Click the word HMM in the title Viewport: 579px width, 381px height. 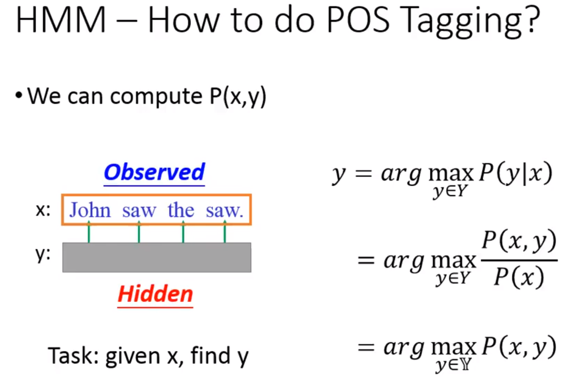pyautogui.click(x=61, y=20)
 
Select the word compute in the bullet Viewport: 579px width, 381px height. pyautogui.click(x=156, y=97)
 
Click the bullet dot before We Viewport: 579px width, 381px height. pyautogui.click(x=19, y=95)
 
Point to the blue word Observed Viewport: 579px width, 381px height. pyautogui.click(x=154, y=172)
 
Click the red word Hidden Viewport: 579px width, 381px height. pyautogui.click(x=155, y=294)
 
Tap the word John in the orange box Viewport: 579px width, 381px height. pyautogui.click(x=90, y=210)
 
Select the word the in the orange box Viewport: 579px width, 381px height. pyautogui.click(x=181, y=210)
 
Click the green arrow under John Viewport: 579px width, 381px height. pyautogui.click(x=89, y=231)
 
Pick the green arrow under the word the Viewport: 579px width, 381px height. pyautogui.click(x=183, y=231)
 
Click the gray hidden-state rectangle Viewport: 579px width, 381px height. pyautogui.click(x=156, y=257)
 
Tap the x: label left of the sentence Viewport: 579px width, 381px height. pyautogui.click(x=43, y=210)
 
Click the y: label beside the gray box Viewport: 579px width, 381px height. pyautogui.click(x=43, y=254)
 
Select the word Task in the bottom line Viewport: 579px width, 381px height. pyautogui.click(x=73, y=356)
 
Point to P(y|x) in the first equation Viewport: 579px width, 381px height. pyautogui.click(x=516, y=173)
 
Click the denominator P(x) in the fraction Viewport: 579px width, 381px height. pyautogui.click(x=519, y=277)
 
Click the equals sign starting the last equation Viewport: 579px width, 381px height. pyautogui.click(x=366, y=347)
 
